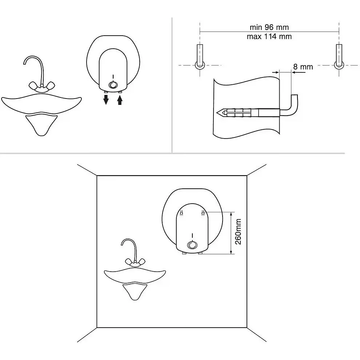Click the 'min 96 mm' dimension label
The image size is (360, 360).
pos(269,27)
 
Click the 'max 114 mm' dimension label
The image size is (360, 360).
pos(269,36)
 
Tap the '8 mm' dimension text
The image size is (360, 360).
pos(303,67)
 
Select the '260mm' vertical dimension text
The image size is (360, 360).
pos(238,232)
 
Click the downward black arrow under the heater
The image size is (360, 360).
pos(106,99)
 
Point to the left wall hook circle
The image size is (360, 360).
pos(200,65)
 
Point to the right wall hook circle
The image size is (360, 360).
pos(339,65)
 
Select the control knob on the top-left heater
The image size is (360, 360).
pos(113,85)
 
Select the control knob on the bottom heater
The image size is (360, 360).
pos(192,245)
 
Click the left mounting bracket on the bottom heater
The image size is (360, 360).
pos(181,213)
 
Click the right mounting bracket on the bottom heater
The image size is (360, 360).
pos(203,213)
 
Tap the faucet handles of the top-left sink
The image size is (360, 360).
pos(42,86)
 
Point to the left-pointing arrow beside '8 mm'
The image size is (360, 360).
pos(299,73)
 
